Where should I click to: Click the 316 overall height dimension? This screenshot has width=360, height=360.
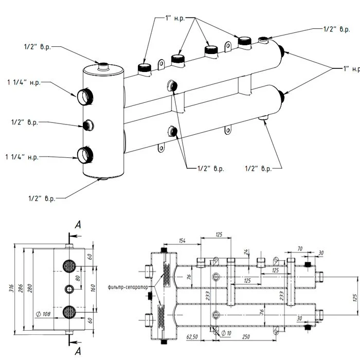11,288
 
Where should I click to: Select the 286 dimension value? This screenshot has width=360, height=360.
21,288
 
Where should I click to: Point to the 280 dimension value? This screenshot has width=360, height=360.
30,288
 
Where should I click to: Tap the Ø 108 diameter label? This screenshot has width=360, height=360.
43,314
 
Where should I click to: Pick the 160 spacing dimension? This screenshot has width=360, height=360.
93,288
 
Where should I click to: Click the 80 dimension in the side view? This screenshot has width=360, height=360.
78,278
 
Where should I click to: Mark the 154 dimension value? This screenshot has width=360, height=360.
182,240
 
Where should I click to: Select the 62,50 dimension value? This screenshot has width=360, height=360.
192,337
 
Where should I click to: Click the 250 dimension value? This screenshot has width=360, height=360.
246,336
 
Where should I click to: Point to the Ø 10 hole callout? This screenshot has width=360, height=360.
226,333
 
